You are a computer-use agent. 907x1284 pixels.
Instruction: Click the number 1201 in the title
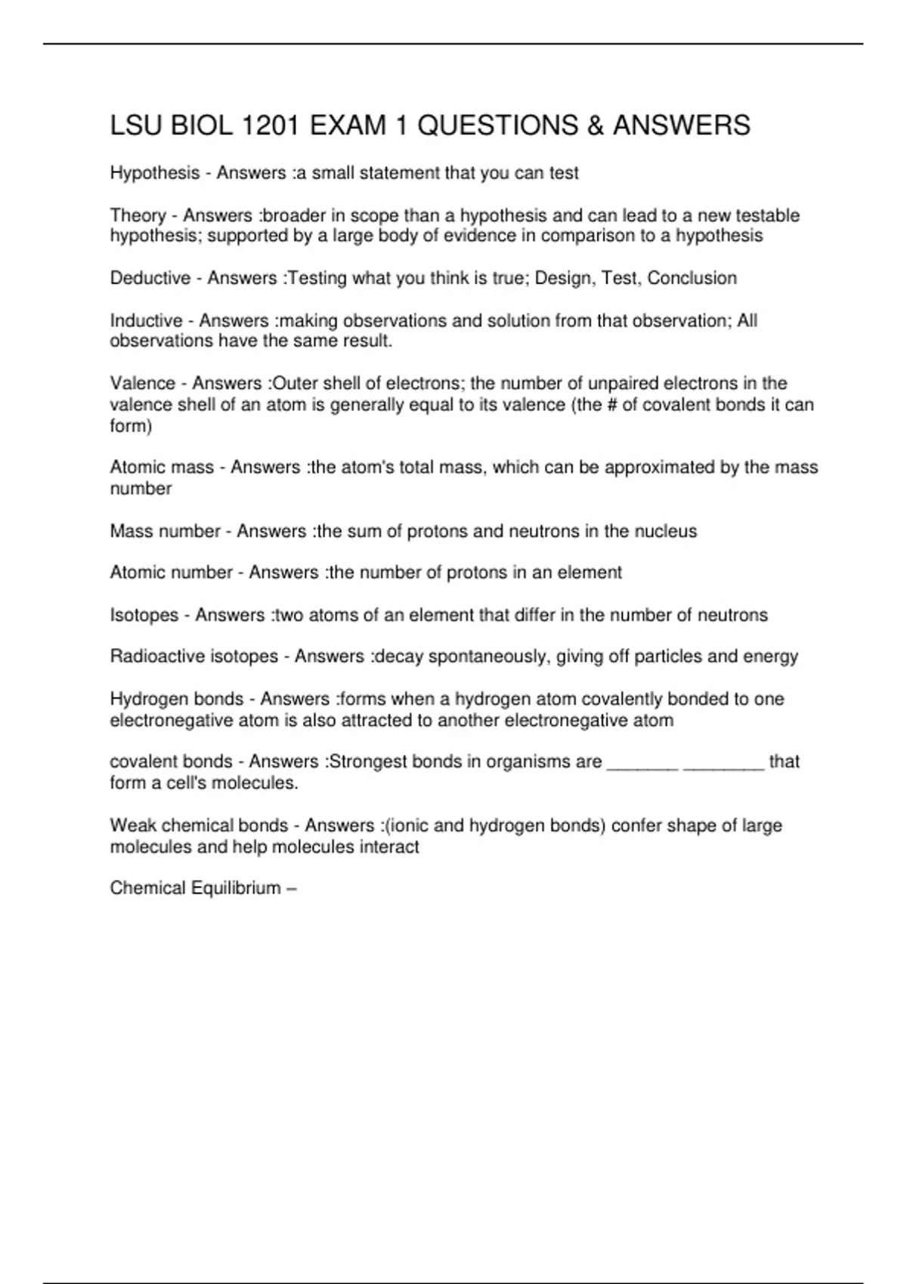tap(271, 125)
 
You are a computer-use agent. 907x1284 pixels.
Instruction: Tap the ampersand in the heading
tap(596, 125)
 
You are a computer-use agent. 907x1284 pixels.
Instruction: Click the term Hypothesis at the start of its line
tap(154, 173)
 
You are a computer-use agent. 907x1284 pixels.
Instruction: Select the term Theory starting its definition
tap(138, 215)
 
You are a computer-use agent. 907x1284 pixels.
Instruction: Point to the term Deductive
tap(150, 278)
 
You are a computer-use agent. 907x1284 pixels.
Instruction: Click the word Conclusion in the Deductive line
tap(692, 278)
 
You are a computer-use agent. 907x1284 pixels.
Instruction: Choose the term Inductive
tap(146, 320)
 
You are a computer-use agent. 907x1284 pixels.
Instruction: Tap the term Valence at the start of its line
tap(142, 383)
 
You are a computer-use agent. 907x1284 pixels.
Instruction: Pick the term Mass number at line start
tap(165, 531)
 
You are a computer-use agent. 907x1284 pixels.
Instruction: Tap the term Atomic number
tap(171, 573)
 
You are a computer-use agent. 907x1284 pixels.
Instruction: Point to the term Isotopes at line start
tap(144, 615)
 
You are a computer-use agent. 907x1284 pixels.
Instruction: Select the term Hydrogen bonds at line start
tap(176, 699)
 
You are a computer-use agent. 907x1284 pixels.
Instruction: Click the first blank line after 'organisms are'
tap(642, 763)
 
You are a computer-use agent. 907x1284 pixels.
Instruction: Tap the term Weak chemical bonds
tap(198, 826)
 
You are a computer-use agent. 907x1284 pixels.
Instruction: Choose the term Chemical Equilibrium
tap(195, 888)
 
